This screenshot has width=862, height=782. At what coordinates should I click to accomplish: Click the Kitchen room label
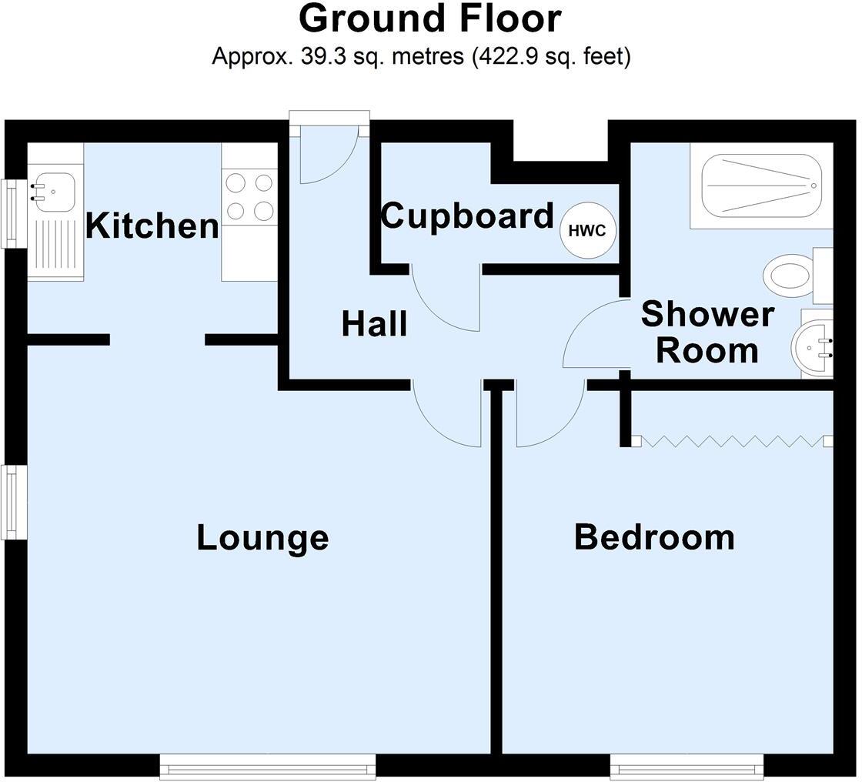click(x=152, y=226)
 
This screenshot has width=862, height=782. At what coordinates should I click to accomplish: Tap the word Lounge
click(x=262, y=537)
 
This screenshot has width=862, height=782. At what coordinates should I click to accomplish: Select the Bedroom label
click(x=654, y=537)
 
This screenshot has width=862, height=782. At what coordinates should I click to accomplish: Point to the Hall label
click(x=374, y=324)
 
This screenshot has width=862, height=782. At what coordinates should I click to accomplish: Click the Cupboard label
click(x=467, y=216)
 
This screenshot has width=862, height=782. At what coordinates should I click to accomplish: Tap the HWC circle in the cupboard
click(x=587, y=230)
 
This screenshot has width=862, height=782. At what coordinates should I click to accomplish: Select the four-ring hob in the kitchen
click(x=249, y=196)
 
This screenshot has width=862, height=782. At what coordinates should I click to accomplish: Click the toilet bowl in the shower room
click(x=787, y=275)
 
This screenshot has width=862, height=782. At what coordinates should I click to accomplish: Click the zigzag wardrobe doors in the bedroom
click(x=731, y=441)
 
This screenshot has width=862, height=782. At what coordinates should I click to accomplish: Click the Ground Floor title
click(x=429, y=18)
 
